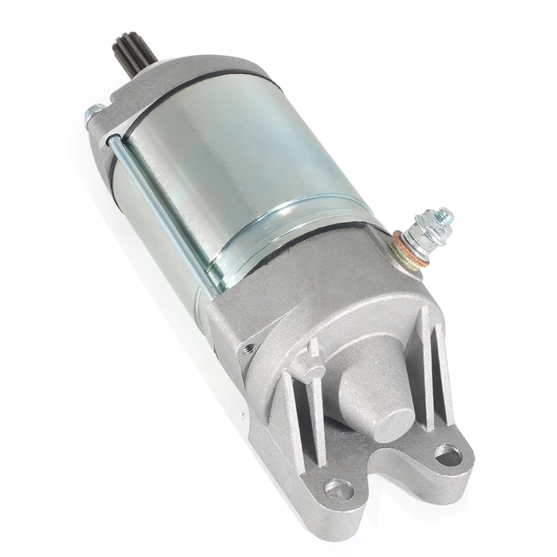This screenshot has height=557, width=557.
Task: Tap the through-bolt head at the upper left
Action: click(x=93, y=113)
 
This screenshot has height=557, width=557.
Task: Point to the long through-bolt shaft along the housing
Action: click(x=161, y=210)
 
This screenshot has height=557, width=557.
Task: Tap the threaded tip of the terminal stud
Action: click(x=445, y=215)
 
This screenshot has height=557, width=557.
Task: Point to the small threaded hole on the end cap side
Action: click(x=249, y=349)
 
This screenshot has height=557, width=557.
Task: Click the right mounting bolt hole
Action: click(x=449, y=455)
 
